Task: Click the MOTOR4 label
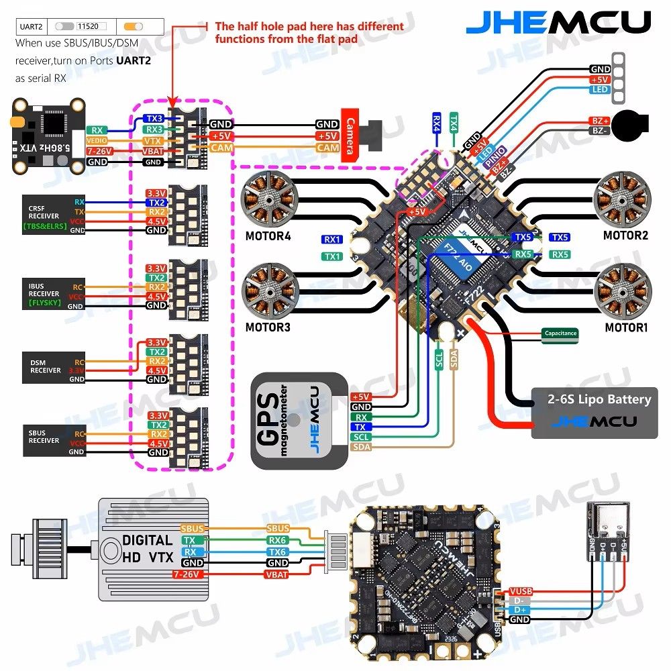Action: (x=268, y=236)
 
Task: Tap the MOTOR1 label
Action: (x=626, y=329)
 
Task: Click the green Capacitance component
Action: (x=560, y=333)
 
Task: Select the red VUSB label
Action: (x=520, y=591)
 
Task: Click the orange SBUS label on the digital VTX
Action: (x=191, y=529)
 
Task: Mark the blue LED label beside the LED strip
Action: (x=600, y=89)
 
